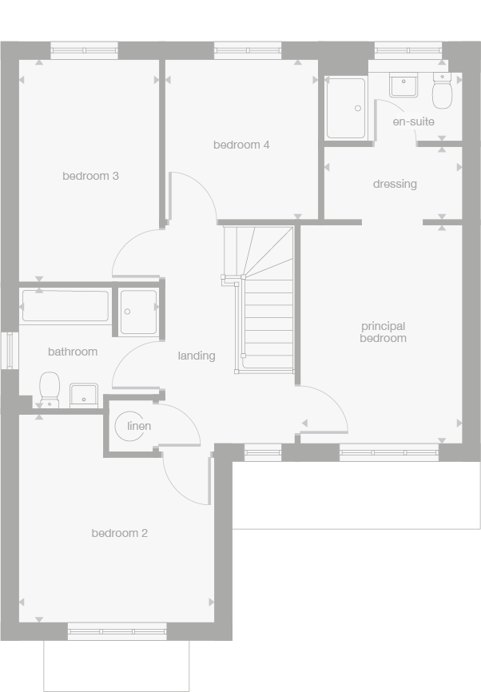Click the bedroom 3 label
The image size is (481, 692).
point(90,176)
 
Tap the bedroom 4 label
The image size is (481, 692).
point(241,145)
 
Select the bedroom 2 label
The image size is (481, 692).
point(119,533)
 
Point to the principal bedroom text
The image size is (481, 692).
point(384,332)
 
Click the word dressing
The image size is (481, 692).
point(395,184)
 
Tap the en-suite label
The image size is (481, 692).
point(413,121)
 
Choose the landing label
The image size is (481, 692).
point(197,356)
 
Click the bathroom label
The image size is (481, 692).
point(73,352)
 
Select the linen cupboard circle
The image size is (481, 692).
point(131,426)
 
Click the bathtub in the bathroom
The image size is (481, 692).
point(65,306)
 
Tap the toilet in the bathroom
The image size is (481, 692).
point(50,388)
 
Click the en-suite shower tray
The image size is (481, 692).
point(346,108)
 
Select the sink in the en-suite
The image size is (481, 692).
point(403,85)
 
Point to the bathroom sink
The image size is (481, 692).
point(83,394)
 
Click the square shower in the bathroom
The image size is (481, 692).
point(139,311)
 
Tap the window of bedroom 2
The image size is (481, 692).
point(117,633)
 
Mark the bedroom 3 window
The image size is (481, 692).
point(84,50)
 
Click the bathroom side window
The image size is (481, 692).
point(9,350)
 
